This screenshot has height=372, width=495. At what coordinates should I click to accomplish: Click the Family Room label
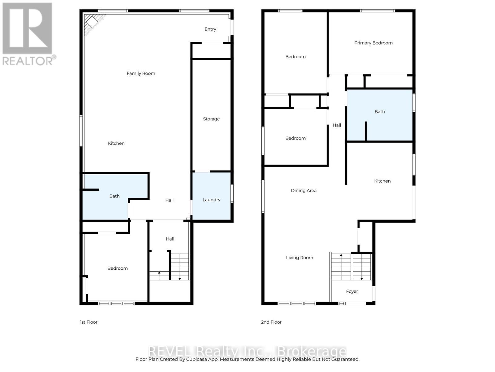point(141,73)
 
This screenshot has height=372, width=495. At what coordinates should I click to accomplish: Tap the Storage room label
point(211,119)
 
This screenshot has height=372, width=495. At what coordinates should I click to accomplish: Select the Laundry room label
point(211,200)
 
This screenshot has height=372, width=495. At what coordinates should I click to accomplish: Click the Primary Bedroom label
point(373,43)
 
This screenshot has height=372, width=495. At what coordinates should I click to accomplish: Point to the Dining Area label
point(303,191)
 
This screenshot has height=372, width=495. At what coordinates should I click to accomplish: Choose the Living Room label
point(299,258)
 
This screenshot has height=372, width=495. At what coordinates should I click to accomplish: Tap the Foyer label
point(352,291)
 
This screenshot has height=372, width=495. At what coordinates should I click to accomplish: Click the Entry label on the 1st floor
point(210,29)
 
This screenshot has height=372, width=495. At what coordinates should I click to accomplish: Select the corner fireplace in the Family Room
point(92,22)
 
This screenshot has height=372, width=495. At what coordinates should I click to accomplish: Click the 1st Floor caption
point(88,322)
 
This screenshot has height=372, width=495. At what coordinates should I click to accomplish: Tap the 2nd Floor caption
point(271,322)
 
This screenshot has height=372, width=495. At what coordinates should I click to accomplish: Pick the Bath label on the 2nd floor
point(380,112)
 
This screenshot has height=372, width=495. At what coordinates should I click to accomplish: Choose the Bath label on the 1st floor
point(114,196)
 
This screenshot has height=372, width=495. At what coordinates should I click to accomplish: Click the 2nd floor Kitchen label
point(382,181)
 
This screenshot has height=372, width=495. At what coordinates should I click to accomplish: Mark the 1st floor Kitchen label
point(116,143)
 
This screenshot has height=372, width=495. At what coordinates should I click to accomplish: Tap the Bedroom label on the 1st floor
point(117,268)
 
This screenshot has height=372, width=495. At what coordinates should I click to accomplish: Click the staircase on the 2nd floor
point(351,267)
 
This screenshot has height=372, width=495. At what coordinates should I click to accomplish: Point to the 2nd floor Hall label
point(337,125)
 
